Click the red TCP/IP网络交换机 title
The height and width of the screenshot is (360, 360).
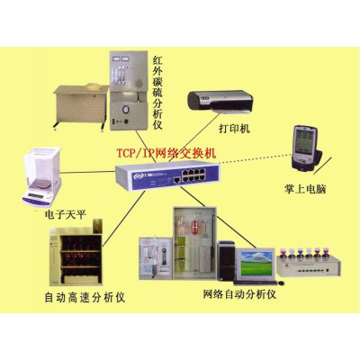[166, 153]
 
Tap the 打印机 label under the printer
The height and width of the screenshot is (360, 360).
[234, 129]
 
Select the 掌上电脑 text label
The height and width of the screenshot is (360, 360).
[305, 189]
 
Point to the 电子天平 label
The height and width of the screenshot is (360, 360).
[66, 214]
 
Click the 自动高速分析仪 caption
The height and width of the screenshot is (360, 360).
[85, 297]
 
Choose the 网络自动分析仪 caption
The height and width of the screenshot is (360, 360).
[239, 294]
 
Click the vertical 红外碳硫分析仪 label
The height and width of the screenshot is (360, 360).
[157, 93]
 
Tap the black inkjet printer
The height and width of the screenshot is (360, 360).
[220, 102]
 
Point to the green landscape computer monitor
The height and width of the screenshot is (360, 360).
[256, 264]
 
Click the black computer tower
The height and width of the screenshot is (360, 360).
[226, 261]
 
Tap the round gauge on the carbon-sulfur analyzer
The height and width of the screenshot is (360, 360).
[126, 108]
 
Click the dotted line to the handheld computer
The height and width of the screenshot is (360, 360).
[256, 159]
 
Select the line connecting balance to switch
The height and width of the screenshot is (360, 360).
[88, 172]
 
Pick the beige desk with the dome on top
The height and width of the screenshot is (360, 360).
[81, 106]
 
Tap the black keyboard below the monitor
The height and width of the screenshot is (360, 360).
[255, 283]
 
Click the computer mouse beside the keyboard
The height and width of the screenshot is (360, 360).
[281, 283]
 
